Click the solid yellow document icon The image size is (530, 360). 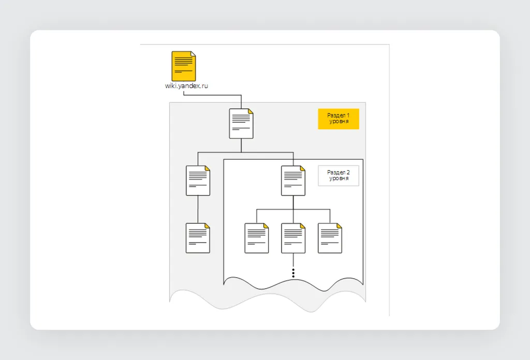coord(184,66)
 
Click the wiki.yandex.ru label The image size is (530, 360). coord(186,86)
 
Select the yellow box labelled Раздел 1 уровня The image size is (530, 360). coord(338,119)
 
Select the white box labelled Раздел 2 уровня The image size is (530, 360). coord(338,176)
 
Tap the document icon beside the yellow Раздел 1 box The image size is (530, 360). coord(241,124)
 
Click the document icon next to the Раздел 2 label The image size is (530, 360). coord(293,181)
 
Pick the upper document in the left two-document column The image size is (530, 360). coord(198,181)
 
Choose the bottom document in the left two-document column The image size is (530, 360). coord(198,238)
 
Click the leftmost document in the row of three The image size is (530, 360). coord(257,238)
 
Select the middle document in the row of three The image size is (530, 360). coord(293,238)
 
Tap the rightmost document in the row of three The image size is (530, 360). coord(330,238)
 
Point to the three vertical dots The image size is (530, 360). coord(293,273)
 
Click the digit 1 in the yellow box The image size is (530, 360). coord(348,115)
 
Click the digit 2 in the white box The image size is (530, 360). coord(348,173)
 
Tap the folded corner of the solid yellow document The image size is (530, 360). coord(194,54)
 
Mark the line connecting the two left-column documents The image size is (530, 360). coord(198,209)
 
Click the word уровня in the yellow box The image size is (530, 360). coord(338,122)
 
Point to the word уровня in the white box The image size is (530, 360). coord(338,178)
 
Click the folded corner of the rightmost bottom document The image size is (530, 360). coord(340,226)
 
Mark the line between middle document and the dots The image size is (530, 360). coord(293,260)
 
